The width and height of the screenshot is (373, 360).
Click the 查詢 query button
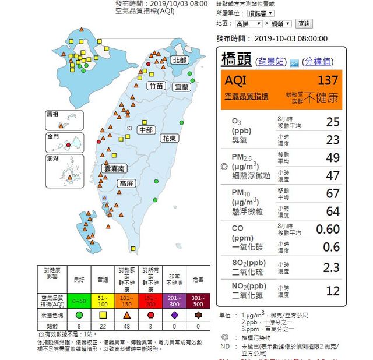tap(304, 24)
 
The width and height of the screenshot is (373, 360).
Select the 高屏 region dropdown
tap(249, 24)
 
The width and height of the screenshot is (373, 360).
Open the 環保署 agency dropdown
tap(261, 13)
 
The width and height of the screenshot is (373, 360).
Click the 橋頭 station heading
tap(238, 59)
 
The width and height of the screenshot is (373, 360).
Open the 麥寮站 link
tap(272, 61)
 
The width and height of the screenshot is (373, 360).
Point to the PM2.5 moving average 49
tap(333, 157)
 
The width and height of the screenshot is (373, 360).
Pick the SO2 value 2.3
tap(330, 267)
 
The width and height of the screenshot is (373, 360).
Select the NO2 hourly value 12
tap(333, 290)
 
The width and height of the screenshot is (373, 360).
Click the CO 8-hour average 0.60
tap(328, 229)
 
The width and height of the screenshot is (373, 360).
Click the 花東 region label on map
tap(170, 139)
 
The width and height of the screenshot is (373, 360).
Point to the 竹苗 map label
tap(156, 86)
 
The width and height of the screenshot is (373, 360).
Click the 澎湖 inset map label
tap(52, 158)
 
